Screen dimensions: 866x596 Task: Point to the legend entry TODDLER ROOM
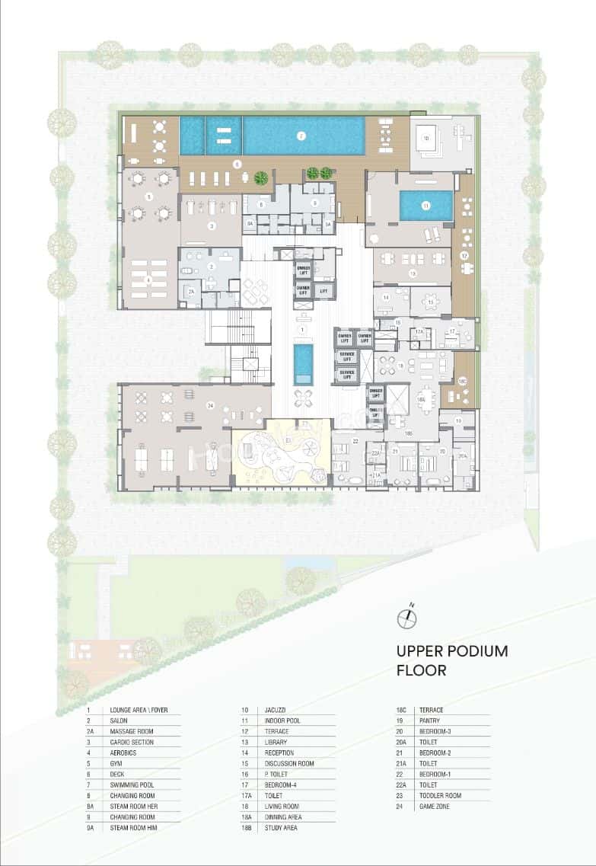441,795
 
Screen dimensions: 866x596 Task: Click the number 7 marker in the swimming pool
301,136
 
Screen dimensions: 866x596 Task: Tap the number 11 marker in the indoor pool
426,205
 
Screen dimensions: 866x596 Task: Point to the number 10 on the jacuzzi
426,138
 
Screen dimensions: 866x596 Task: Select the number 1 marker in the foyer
303,329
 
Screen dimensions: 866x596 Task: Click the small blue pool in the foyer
303,364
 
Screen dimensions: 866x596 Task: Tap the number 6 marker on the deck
237,163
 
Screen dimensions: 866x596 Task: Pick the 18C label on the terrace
462,380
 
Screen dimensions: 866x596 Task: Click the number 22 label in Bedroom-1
355,441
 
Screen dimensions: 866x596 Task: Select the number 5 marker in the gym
149,196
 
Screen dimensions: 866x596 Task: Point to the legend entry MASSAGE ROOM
132,731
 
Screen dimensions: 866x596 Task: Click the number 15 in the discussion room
430,302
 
